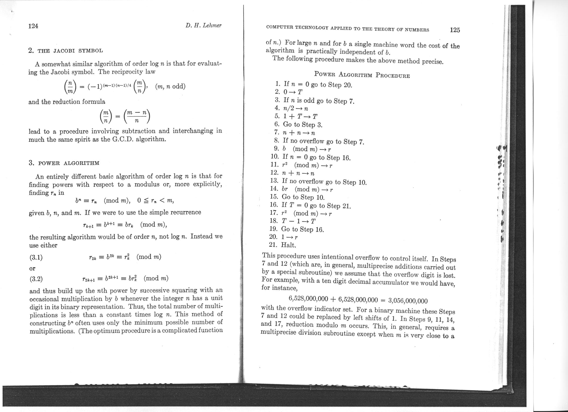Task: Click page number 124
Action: click(x=33, y=26)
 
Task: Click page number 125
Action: click(x=455, y=30)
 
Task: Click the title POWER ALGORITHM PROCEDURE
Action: click(x=362, y=75)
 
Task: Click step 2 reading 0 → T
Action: click(x=290, y=92)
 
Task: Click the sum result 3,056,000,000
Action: click(x=408, y=300)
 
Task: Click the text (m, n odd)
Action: click(x=170, y=87)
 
